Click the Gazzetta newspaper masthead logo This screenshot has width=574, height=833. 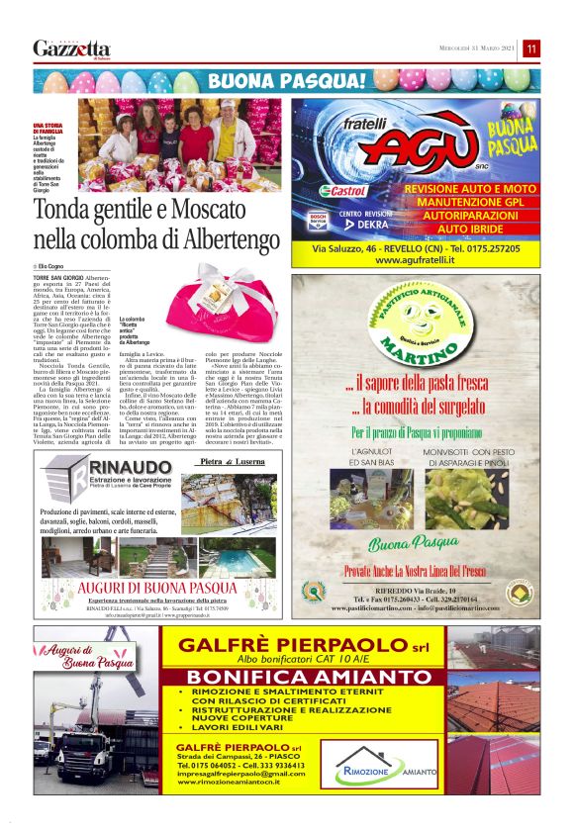click(x=71, y=48)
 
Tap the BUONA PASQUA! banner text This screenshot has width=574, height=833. click(x=287, y=80)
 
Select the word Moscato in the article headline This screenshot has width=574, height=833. click(x=207, y=210)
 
